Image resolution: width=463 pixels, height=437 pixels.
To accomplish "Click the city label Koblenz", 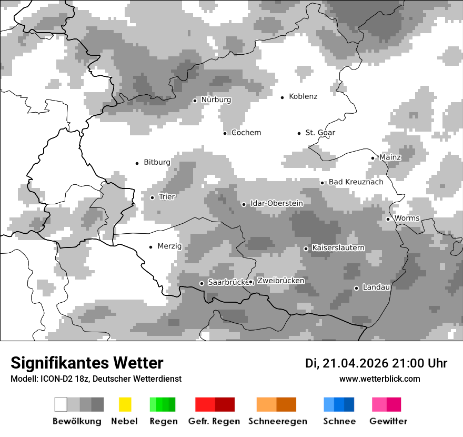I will point(303,97).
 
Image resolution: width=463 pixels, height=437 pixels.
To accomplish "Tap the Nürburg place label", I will point(216,100).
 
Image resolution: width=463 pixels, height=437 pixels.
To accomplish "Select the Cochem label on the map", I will point(246,133).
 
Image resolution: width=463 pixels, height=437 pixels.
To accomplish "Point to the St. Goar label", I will point(320,133).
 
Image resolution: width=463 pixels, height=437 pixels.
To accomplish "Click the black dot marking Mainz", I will point(373,158).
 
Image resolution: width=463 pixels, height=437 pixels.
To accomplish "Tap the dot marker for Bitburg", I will point(137,163).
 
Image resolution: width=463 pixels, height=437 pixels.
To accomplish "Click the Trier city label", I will point(167,197).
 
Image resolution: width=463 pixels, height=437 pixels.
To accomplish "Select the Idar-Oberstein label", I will point(276,203).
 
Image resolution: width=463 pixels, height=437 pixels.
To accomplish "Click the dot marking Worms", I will point(388,219).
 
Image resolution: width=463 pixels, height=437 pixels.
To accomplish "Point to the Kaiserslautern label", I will point(338,248).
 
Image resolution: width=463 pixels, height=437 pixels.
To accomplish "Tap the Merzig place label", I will point(169,246).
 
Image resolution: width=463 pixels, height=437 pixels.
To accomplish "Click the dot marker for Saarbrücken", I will point(202,283).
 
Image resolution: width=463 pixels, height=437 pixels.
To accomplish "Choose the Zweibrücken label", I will point(280,281).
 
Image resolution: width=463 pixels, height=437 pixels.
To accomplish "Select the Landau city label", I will point(376,287).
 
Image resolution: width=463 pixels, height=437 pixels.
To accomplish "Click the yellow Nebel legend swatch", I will point(125,404).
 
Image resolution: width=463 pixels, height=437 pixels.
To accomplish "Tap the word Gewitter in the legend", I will point(388,421).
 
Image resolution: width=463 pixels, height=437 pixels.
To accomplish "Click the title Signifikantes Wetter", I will point(87,363).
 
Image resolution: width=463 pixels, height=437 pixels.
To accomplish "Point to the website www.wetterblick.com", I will point(379,379).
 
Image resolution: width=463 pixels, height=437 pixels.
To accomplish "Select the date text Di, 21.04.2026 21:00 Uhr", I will point(376,363).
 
